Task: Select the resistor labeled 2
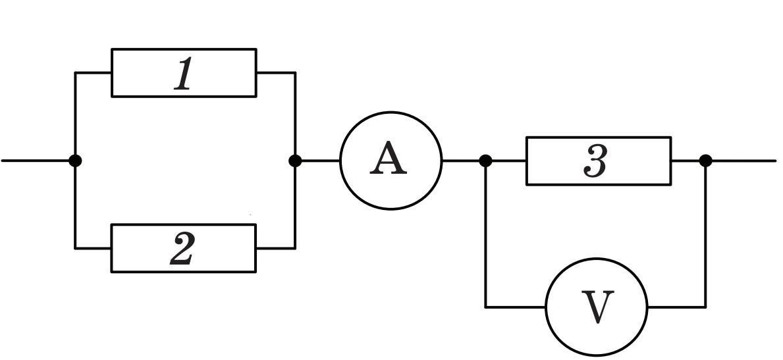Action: click(x=183, y=225)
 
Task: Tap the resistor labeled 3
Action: click(x=598, y=138)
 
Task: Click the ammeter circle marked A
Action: click(x=391, y=113)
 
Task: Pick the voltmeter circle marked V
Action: click(x=597, y=259)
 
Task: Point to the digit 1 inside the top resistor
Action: click(x=183, y=74)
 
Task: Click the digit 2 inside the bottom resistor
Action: click(x=181, y=249)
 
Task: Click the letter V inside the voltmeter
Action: click(x=597, y=307)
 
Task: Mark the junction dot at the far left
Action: click(x=75, y=161)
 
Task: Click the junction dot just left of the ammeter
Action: click(x=295, y=161)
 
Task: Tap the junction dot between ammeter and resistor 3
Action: click(x=485, y=161)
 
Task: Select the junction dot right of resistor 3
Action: click(x=705, y=161)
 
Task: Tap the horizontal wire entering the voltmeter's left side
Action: click(x=516, y=307)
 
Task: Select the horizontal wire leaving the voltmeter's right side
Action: click(x=676, y=307)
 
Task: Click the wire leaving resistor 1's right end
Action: click(x=276, y=73)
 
